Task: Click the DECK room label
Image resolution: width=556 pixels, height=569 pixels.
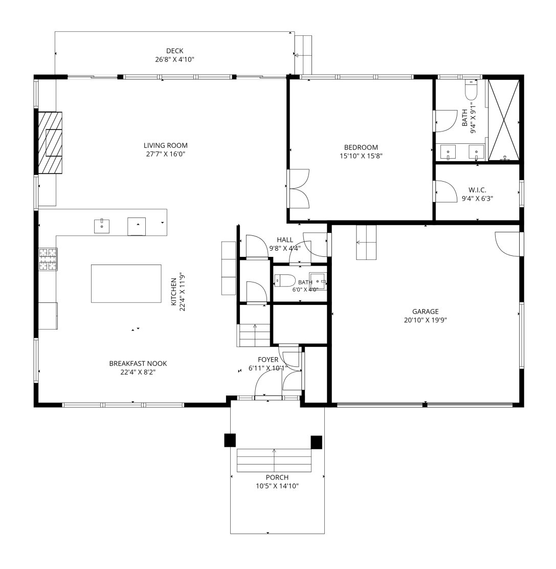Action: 175,51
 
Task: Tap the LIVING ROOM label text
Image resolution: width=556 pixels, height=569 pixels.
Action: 165,145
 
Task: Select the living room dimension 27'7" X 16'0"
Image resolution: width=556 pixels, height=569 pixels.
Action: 165,154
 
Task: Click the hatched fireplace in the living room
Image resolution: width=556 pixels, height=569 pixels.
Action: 51,143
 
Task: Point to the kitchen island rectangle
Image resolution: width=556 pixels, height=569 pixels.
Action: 126,283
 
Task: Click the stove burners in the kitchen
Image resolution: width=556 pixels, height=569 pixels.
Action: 48,259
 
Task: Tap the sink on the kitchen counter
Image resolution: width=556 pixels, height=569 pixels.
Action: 102,226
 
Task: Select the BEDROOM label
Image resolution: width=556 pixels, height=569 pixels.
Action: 361,147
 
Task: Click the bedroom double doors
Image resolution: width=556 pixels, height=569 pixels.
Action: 299,189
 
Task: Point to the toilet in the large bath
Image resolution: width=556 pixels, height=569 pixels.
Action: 471,90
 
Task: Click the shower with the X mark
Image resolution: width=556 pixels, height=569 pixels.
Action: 504,120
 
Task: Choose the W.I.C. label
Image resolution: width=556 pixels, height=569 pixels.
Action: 477,190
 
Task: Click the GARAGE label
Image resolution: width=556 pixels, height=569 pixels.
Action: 426,311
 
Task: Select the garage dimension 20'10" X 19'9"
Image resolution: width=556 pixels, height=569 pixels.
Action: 426,320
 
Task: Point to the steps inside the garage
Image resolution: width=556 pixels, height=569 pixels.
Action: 366,243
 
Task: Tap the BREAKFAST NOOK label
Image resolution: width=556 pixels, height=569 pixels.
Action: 138,363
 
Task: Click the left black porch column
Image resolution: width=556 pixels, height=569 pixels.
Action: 230,440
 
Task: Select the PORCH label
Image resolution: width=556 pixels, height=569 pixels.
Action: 277,477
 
